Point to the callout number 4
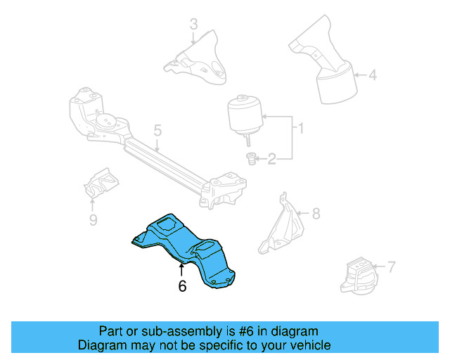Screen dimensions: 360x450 (x=373, y=74)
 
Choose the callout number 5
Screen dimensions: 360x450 (x=157, y=131)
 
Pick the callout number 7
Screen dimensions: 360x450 (x=392, y=266)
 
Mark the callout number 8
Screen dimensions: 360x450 (x=316, y=212)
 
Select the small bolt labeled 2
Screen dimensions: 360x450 (x=249, y=160)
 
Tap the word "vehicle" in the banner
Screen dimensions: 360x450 (x=309, y=345)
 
